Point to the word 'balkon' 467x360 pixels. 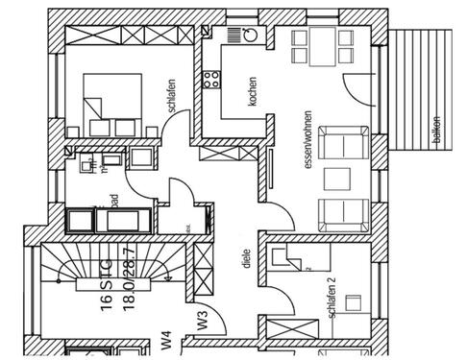[x=437, y=131]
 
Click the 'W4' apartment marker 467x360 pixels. [x=165, y=339]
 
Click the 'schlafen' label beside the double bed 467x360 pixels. [x=170, y=95]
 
